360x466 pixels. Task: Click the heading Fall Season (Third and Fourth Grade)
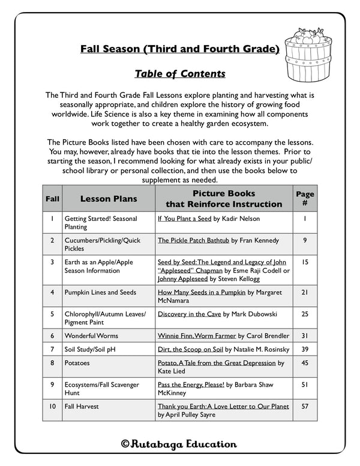coord(179,49)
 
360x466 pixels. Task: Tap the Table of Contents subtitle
coord(179,74)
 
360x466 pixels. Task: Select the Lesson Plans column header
coord(109,199)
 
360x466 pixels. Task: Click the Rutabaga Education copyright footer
coord(179,444)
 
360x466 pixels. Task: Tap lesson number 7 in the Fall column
coord(53,348)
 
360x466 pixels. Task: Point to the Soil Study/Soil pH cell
coord(90,348)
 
